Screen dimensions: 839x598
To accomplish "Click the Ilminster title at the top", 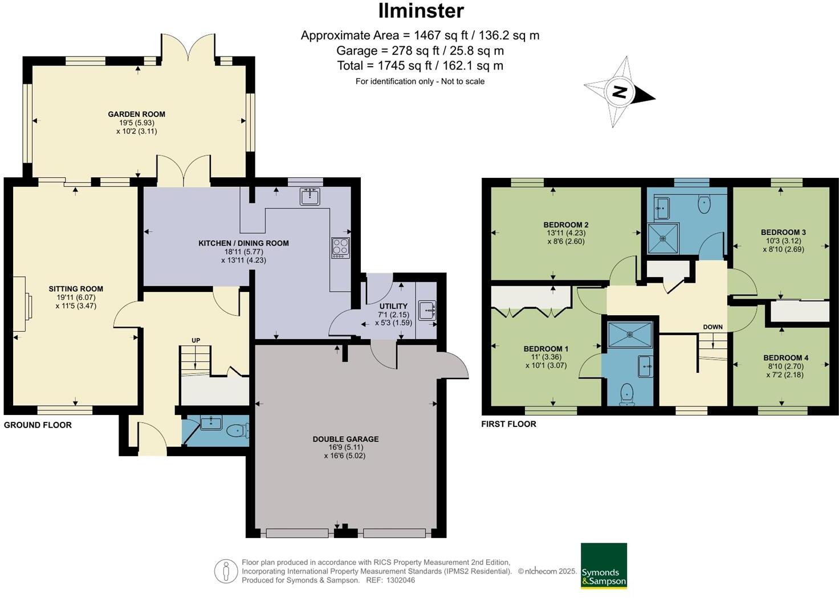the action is (421, 10).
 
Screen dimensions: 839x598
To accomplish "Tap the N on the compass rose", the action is (619, 92).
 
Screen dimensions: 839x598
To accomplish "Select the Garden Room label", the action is (137, 114).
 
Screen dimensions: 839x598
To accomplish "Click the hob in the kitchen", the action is (341, 247).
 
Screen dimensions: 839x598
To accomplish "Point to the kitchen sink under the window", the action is (310, 196).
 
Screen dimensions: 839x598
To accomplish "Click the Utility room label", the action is (393, 306).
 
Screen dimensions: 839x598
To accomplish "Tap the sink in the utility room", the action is (426, 310).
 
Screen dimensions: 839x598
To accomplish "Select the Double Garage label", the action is (345, 439).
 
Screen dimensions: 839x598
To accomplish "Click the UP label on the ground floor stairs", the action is (196, 340).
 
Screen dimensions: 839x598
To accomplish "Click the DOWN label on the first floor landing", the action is (712, 327).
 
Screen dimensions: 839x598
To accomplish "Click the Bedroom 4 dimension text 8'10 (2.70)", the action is (785, 367).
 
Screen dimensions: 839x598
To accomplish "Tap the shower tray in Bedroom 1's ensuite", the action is (630, 335).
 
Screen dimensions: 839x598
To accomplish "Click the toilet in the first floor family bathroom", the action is (704, 204).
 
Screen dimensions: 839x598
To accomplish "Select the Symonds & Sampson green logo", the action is (604, 566).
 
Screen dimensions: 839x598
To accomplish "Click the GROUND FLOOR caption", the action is (38, 425).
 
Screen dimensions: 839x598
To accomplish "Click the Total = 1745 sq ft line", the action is (420, 66).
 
